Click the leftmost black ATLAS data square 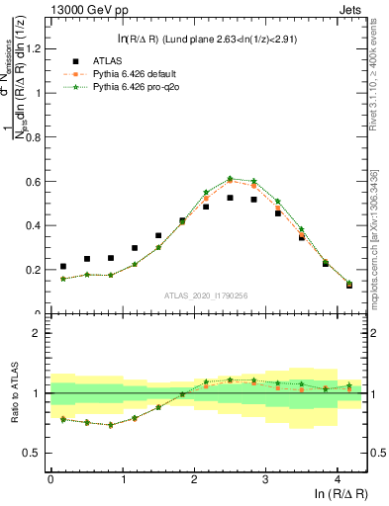63,266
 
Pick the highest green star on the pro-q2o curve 230,179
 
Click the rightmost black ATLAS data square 348,286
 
